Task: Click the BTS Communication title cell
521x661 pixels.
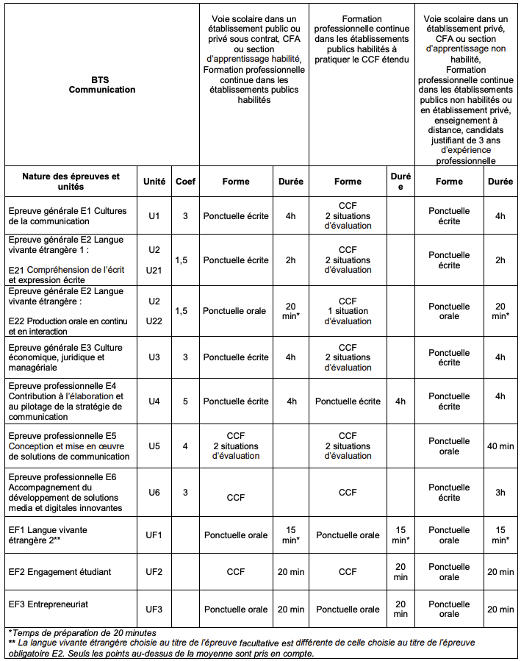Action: pyautogui.click(x=102, y=85)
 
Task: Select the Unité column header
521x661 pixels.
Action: pyautogui.click(x=154, y=182)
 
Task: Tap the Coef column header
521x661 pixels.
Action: pyautogui.click(x=185, y=182)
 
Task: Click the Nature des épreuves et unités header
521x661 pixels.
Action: pyautogui.click(x=71, y=182)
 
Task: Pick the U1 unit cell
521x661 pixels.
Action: pyautogui.click(x=154, y=216)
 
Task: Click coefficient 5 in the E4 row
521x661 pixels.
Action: pyautogui.click(x=185, y=401)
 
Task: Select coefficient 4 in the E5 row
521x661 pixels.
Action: pyautogui.click(x=185, y=446)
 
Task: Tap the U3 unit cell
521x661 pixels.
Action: pyautogui.click(x=154, y=357)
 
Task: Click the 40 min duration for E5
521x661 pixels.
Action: pyautogui.click(x=500, y=446)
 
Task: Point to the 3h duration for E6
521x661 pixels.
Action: pyautogui.click(x=500, y=493)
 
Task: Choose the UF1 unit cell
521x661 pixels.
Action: pyautogui.click(x=154, y=535)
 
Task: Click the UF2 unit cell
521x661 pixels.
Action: pyautogui.click(x=154, y=572)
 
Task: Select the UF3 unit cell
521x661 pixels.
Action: pyautogui.click(x=154, y=610)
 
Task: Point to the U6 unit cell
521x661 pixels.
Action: pyautogui.click(x=154, y=493)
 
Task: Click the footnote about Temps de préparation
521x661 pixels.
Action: pyautogui.click(x=82, y=632)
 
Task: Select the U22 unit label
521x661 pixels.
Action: pyautogui.click(x=154, y=321)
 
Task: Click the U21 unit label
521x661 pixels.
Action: pyautogui.click(x=154, y=271)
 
